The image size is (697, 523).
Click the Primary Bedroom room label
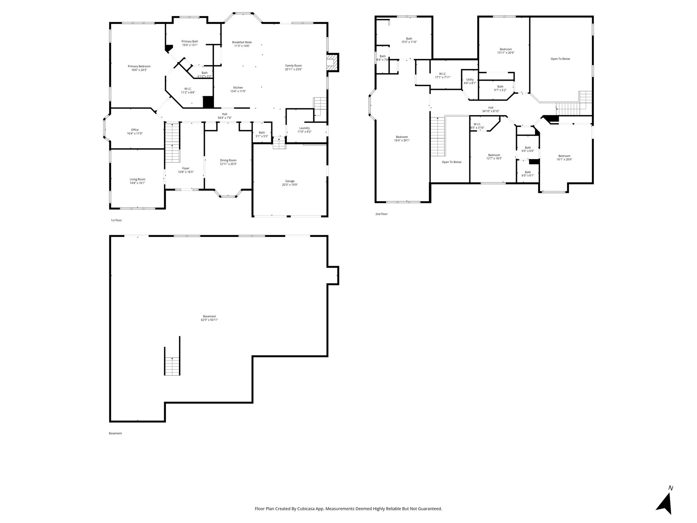tap(139, 66)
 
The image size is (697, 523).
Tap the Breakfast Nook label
tap(242, 42)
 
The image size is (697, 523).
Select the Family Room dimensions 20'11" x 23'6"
tap(293, 69)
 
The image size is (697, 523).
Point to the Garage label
tap(290, 181)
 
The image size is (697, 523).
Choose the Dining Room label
tap(228, 160)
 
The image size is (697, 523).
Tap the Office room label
tap(135, 130)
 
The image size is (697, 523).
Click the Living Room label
tap(137, 179)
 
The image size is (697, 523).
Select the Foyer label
tap(186, 168)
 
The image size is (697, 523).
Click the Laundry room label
tap(305, 128)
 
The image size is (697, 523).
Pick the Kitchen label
tap(238, 88)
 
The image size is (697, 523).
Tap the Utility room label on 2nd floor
tap(470, 80)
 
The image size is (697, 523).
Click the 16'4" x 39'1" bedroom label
tap(402, 139)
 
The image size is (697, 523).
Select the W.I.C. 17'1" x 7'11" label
tap(443, 76)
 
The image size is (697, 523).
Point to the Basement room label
tap(210, 316)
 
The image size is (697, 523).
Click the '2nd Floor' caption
tap(382, 214)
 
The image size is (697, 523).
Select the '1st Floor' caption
tap(116, 220)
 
